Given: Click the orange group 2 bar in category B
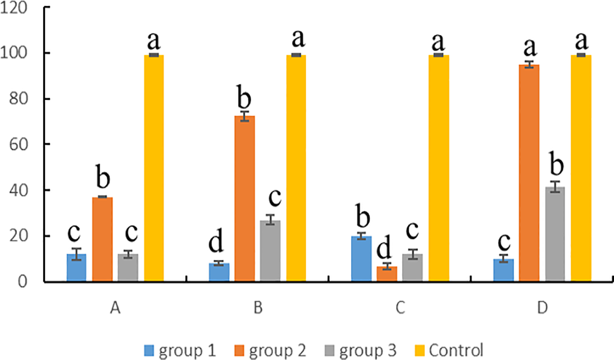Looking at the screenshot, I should [x=244, y=198].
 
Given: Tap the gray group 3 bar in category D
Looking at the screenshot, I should [x=555, y=234].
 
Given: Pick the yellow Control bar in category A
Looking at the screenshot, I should [x=154, y=168].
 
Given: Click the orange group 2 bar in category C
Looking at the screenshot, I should [x=387, y=274].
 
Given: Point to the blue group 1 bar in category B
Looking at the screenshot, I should [x=219, y=273].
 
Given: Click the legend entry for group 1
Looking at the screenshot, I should [x=180, y=351].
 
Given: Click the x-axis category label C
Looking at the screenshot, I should [x=400, y=309].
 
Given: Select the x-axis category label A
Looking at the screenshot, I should [x=115, y=309].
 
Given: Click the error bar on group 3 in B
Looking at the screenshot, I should [x=270, y=220].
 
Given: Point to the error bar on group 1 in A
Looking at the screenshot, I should [x=77, y=254].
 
